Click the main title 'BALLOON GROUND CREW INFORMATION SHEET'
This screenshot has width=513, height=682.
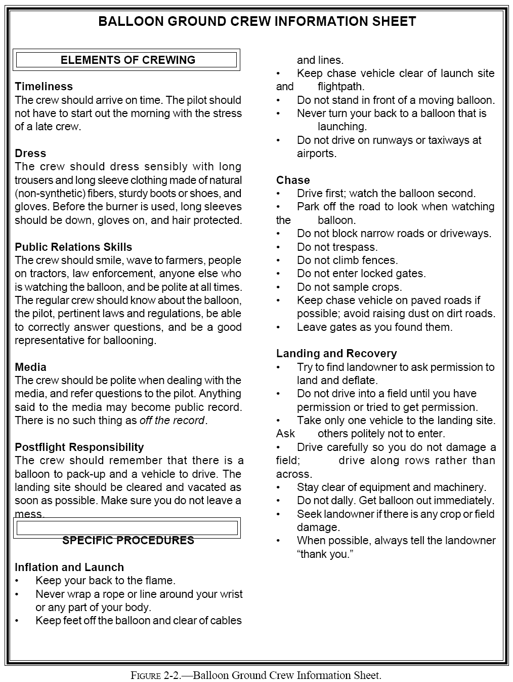[257, 21]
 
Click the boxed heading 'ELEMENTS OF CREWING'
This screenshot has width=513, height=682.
[127, 60]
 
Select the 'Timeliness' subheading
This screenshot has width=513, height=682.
[44, 86]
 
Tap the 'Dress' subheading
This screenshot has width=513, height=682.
[30, 153]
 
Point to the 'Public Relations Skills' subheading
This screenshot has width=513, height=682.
[73, 247]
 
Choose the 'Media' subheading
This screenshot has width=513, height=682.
[30, 367]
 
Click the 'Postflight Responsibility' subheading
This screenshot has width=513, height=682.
[79, 447]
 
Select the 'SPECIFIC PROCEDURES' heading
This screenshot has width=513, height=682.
[128, 540]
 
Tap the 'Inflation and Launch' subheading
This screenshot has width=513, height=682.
[69, 567]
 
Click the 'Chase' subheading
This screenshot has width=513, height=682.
[293, 180]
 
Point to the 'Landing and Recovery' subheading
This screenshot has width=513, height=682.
[336, 353]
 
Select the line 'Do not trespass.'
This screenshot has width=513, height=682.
[337, 247]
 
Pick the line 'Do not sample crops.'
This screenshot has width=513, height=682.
[349, 287]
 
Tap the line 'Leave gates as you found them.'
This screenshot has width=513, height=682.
[374, 327]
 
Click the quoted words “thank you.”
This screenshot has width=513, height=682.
[325, 554]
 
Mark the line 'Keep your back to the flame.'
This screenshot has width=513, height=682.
[105, 580]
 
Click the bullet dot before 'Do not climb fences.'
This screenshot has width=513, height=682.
[278, 260]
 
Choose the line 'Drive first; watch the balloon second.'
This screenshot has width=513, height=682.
[386, 193]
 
